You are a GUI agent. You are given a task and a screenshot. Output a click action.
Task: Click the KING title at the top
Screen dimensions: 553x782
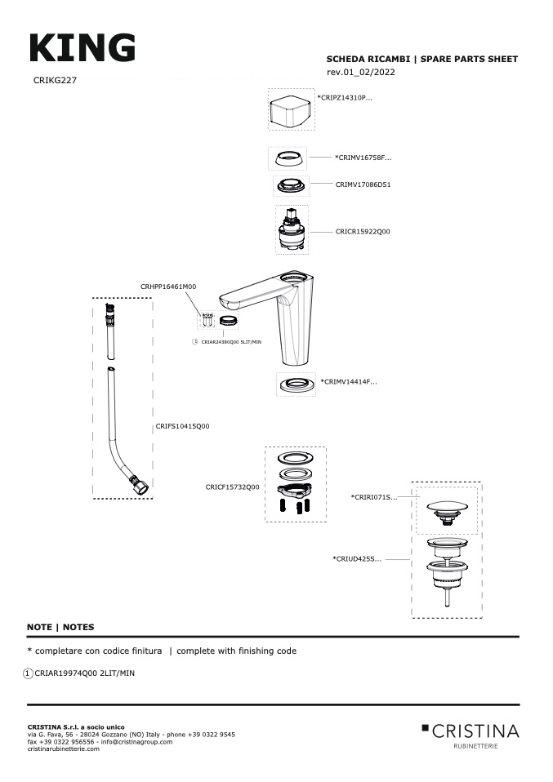[x=83, y=48]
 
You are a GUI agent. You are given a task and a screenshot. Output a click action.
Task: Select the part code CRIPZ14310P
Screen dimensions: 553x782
[x=345, y=98]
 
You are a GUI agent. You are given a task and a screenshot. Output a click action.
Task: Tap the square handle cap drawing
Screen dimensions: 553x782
[x=291, y=109]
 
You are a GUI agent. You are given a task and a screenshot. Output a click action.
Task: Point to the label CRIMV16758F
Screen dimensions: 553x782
[x=363, y=158]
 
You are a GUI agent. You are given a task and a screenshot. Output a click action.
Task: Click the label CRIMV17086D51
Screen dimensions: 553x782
[x=363, y=184]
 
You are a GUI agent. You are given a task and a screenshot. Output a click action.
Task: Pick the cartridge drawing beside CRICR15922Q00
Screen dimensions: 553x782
[x=292, y=230]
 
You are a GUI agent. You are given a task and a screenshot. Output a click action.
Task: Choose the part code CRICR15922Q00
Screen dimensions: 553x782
[x=363, y=231]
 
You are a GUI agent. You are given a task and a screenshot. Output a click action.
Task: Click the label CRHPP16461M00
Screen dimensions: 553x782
[x=168, y=287]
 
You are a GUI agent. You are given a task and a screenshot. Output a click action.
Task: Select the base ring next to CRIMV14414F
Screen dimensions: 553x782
[x=296, y=384]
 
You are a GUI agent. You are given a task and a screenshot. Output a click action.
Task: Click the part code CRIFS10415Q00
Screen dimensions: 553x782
[x=183, y=426]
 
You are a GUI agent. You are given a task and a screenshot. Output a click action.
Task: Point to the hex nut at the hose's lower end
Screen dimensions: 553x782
[x=140, y=487]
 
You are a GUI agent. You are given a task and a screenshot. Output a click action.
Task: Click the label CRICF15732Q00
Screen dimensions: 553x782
[x=232, y=487]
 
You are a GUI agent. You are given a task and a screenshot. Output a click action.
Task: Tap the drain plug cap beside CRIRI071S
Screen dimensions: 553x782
[x=447, y=512]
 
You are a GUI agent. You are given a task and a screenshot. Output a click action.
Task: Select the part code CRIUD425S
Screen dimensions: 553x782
[x=357, y=559]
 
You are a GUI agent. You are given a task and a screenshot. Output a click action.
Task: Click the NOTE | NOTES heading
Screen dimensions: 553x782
[x=60, y=628]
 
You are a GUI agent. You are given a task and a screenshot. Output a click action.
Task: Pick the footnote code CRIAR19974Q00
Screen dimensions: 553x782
[x=66, y=673]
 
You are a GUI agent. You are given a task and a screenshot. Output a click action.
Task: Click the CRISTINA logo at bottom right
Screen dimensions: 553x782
[x=470, y=735]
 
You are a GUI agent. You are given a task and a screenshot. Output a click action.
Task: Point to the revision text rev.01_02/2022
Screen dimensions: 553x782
[x=361, y=73]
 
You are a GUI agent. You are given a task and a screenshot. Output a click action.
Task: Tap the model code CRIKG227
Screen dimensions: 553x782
[x=55, y=80]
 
